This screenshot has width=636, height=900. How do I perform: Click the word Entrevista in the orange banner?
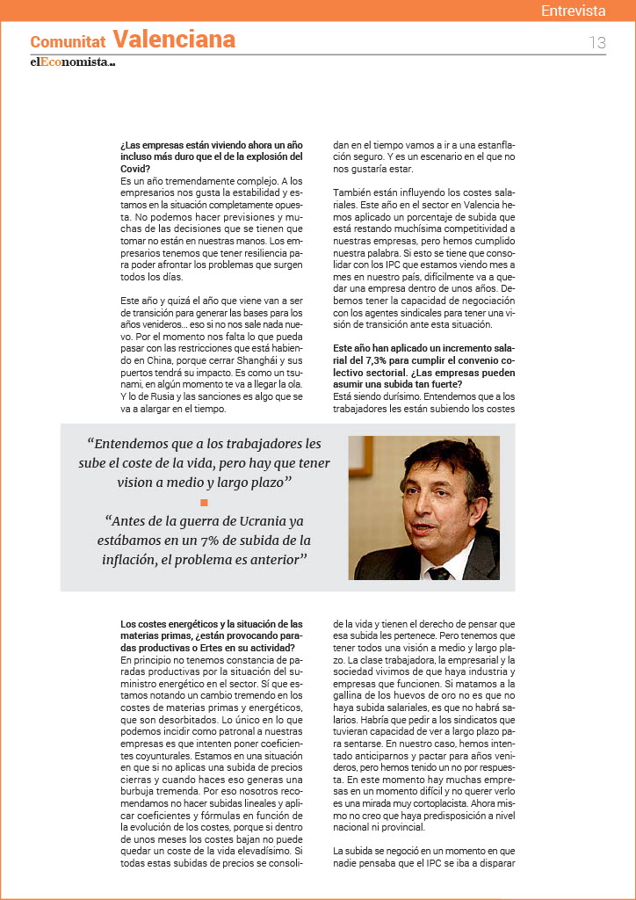(573, 11)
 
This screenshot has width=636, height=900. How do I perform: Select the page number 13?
(597, 42)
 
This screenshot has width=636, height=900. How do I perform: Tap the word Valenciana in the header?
(174, 40)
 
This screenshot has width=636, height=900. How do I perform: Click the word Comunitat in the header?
(69, 41)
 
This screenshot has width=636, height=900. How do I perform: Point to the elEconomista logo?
(72, 62)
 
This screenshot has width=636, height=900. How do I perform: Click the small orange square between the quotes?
(204, 503)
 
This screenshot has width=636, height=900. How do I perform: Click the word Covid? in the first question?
(135, 169)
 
